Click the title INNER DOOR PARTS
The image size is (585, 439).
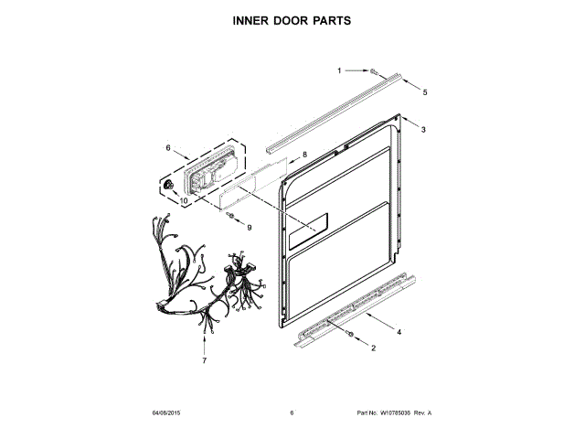[292, 19]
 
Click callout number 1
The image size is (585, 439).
[339, 70]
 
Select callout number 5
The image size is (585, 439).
[424, 92]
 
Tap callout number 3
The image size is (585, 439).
[423, 131]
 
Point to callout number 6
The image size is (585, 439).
[168, 146]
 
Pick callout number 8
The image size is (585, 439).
[304, 155]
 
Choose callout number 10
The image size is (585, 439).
[183, 200]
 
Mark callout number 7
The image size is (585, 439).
[204, 360]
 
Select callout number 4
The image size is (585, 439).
[399, 330]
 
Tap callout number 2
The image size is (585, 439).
[372, 348]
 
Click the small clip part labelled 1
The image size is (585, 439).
[374, 70]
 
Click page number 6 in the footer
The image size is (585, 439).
[292, 413]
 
